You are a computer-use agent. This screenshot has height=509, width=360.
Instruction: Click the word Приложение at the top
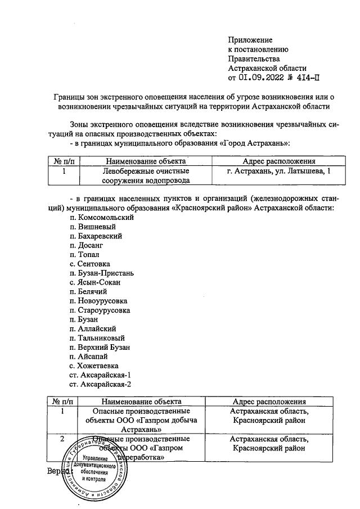coord(250,40)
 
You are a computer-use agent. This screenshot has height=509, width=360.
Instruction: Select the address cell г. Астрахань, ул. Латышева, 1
coord(275,170)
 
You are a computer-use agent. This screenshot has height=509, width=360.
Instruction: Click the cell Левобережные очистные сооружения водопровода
coord(146,175)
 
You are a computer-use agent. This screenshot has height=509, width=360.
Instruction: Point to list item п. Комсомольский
coord(93,217)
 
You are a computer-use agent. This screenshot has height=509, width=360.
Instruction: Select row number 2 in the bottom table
coord(61,438)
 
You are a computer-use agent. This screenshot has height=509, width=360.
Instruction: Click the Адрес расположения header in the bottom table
coord(269,402)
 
